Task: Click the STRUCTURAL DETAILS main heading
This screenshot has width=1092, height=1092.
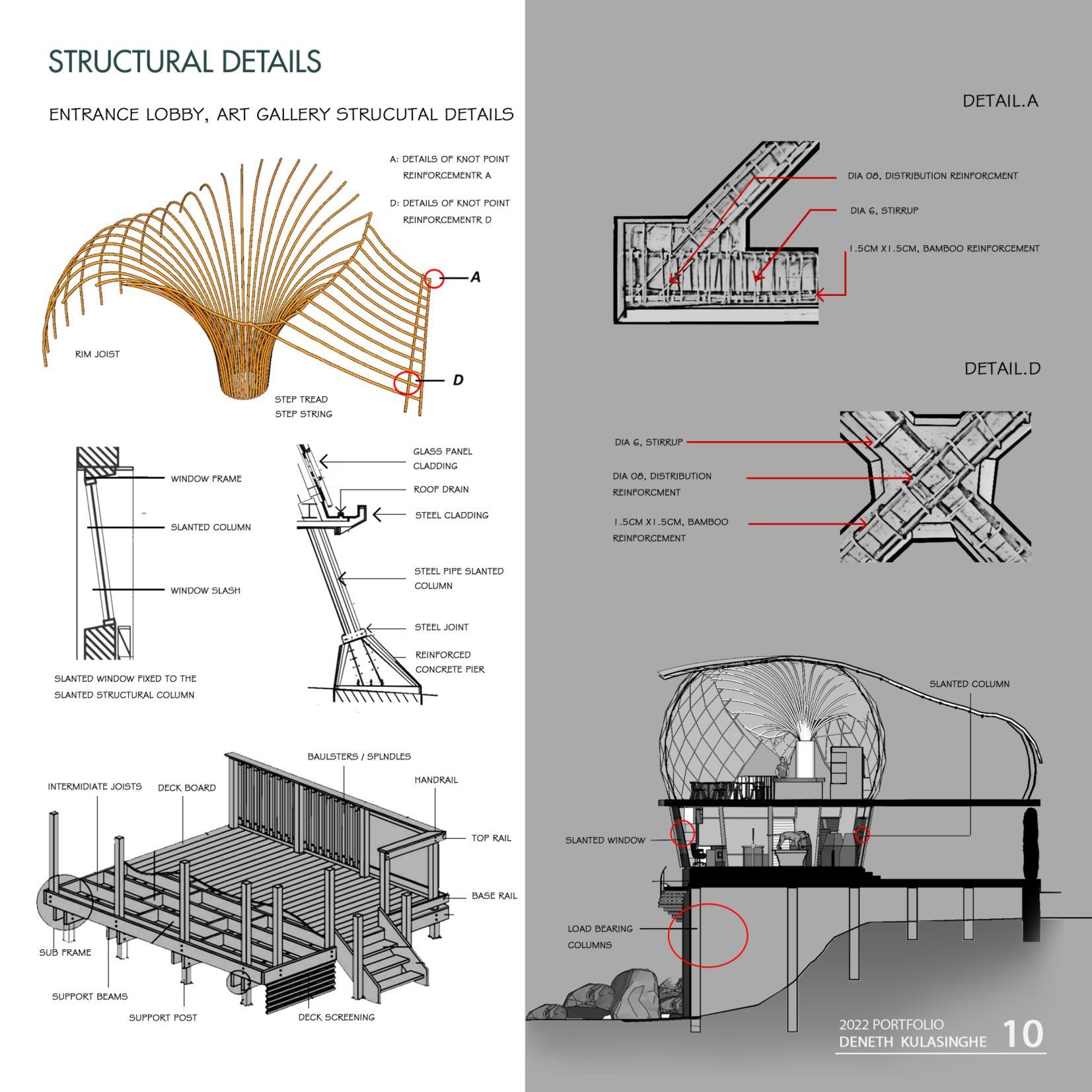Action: (184, 61)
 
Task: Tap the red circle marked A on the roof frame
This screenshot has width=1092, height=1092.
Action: (433, 278)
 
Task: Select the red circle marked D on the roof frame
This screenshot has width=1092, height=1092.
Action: (407, 382)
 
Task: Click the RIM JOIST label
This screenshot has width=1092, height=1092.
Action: (97, 354)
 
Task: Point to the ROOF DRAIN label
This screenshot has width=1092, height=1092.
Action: (441, 490)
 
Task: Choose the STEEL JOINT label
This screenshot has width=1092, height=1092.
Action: (441, 627)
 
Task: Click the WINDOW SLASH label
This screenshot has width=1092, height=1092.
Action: (205, 591)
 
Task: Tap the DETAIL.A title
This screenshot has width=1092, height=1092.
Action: (1000, 101)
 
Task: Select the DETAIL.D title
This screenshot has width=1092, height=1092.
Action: (1002, 369)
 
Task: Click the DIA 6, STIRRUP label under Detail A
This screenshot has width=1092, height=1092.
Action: (884, 211)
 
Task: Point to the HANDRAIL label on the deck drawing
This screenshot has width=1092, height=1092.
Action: (436, 780)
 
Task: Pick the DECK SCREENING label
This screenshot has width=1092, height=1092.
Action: (336, 1017)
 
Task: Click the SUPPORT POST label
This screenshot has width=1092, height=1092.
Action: (163, 1017)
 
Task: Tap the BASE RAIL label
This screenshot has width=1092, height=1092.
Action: (494, 896)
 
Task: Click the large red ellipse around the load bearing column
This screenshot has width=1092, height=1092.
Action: (708, 935)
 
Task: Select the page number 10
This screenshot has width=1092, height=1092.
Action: (1023, 1034)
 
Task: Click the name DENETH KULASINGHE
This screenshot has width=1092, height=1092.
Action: (912, 1042)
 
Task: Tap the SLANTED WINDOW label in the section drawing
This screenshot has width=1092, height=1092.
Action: (605, 840)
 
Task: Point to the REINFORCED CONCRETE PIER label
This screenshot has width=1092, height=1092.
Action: (450, 662)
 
